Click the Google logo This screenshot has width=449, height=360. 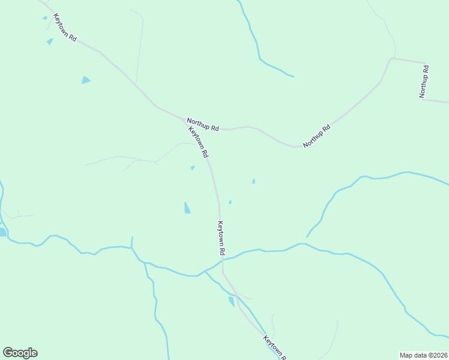(20, 353)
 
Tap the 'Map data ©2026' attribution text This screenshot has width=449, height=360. (423, 355)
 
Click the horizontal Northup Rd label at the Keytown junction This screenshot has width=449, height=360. (202, 124)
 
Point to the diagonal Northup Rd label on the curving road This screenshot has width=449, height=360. (317, 136)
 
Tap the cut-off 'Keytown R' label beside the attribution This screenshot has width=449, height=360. (273, 347)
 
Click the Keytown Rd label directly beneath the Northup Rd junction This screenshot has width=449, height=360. (199, 142)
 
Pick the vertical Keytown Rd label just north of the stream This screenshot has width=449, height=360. (221, 239)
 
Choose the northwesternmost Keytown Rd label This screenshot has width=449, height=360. (65, 28)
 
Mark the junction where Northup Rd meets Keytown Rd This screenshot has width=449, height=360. (184, 120)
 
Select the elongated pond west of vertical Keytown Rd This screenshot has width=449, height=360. (187, 208)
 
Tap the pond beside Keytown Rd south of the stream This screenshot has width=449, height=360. (232, 301)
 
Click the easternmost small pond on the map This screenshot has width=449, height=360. (253, 181)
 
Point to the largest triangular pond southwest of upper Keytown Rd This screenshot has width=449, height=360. (86, 80)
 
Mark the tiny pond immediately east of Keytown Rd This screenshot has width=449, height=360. (230, 202)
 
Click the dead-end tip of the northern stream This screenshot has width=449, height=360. (293, 76)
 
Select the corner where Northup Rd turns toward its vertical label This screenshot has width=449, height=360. (391, 59)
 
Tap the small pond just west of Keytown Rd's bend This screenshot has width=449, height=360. (192, 168)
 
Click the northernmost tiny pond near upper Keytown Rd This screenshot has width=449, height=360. (44, 18)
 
